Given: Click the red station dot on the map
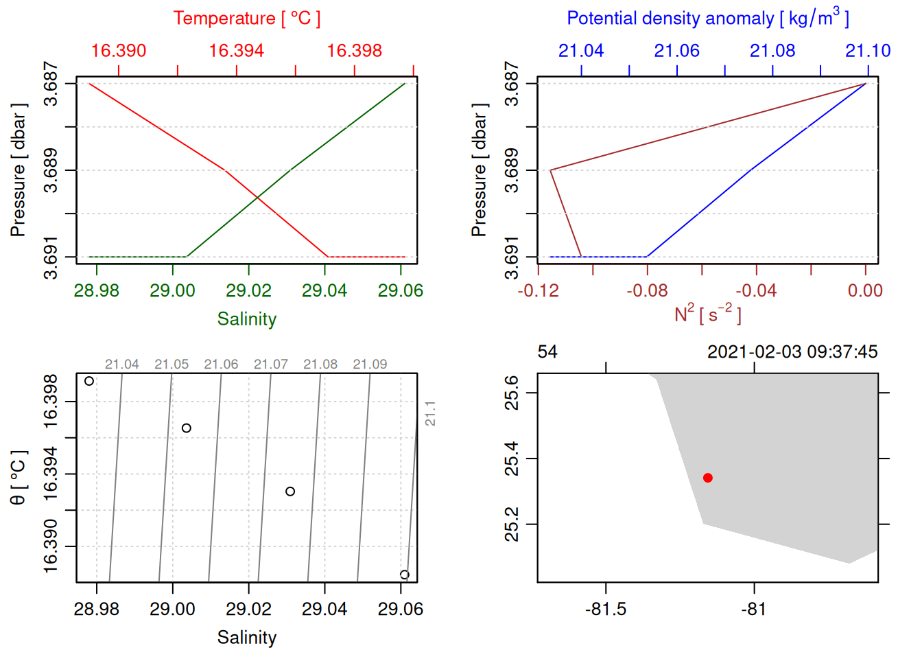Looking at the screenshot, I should click(707, 478).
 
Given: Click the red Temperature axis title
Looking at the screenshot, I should click(246, 19).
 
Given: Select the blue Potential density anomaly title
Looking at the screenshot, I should click(707, 18).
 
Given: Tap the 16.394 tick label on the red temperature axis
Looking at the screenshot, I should click(236, 51).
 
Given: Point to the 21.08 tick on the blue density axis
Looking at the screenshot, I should click(772, 51).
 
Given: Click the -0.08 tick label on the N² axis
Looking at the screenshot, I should click(647, 291).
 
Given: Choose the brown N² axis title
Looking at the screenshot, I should click(707, 314).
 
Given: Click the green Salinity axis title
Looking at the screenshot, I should click(246, 319).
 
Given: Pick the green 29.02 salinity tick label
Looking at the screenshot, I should click(248, 291).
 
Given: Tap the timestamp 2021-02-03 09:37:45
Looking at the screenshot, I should click(792, 352).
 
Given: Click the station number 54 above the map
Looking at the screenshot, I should click(547, 352).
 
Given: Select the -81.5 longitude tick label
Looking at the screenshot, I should click(606, 610).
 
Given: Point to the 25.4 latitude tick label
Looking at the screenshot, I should click(512, 459).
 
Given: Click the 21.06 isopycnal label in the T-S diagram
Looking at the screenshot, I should click(221, 365).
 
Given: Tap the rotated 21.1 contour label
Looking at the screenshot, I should click(430, 414).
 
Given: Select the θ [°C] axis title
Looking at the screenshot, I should click(18, 478).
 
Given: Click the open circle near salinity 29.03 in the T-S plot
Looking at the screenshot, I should click(290, 492).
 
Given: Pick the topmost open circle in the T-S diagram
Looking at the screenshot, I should click(89, 381).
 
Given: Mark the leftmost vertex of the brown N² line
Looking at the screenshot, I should click(550, 170).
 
